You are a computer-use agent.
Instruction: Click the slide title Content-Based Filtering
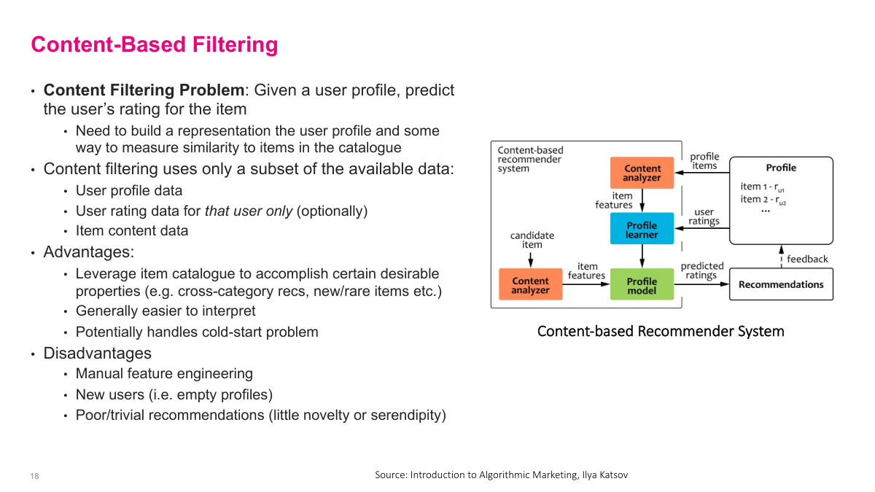(x=154, y=44)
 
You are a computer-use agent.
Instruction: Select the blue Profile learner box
(x=642, y=229)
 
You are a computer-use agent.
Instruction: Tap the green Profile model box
(x=642, y=285)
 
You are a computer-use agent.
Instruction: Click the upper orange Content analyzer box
(x=642, y=173)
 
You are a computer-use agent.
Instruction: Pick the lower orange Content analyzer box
(x=530, y=285)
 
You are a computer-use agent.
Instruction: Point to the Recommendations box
(x=781, y=284)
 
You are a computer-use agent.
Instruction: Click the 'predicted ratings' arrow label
(x=701, y=270)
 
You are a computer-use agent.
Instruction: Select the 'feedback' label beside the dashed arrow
(x=807, y=259)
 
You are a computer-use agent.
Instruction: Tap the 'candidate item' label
(x=532, y=240)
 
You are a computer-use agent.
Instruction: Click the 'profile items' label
(x=704, y=161)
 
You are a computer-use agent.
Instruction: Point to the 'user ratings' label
(x=704, y=216)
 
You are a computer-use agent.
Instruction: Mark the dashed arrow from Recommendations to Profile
(x=781, y=256)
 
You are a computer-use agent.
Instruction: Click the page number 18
(x=34, y=476)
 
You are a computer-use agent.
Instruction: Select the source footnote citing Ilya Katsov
(x=501, y=475)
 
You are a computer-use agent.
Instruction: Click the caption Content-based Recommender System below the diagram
(x=661, y=331)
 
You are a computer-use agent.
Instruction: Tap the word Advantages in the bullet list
(x=88, y=252)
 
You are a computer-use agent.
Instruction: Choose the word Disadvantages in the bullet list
(x=97, y=353)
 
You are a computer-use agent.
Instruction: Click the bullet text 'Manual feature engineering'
(x=164, y=373)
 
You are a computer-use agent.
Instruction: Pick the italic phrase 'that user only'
(x=249, y=211)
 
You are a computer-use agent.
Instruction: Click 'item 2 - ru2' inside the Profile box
(x=763, y=200)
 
